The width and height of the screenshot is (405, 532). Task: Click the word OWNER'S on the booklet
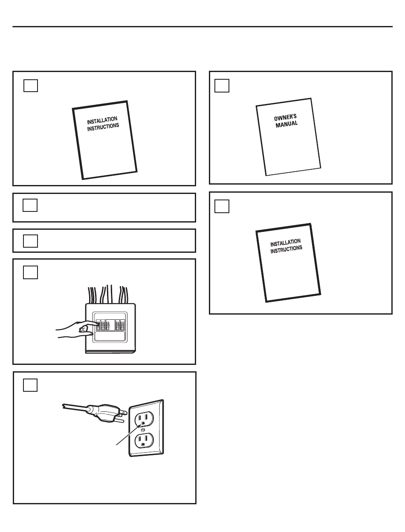[285, 118]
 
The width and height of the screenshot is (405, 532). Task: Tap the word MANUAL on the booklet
[286, 124]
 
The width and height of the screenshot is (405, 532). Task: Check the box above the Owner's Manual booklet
[222, 86]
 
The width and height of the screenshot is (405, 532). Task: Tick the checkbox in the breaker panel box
[30, 272]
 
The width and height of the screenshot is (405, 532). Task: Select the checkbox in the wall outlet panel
[30, 385]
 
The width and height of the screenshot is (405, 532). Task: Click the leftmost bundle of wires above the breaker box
[92, 295]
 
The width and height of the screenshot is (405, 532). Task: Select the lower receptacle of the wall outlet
[144, 440]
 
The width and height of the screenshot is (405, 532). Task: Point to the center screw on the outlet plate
[143, 430]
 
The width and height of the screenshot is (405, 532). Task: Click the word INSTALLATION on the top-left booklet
[102, 120]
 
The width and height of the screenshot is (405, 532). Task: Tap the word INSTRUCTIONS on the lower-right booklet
[286, 249]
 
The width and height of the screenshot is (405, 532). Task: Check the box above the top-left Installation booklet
[31, 86]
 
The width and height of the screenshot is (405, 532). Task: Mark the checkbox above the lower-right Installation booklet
[222, 206]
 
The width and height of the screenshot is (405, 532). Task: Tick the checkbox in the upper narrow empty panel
[30, 205]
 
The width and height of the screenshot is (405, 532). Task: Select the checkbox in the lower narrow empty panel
[30, 241]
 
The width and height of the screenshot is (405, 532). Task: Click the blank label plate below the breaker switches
[110, 336]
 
